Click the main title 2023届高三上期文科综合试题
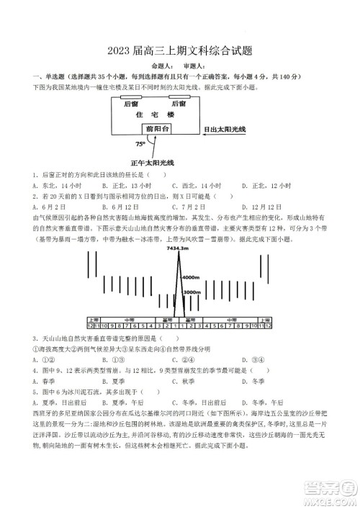pos(179,51)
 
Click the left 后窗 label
pos(131,104)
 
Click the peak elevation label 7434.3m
pos(176,248)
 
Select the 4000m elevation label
pos(190,277)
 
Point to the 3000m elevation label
pos(192,292)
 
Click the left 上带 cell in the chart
pos(93,318)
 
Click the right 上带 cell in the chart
pos(267,318)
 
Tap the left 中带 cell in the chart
pos(129,318)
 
